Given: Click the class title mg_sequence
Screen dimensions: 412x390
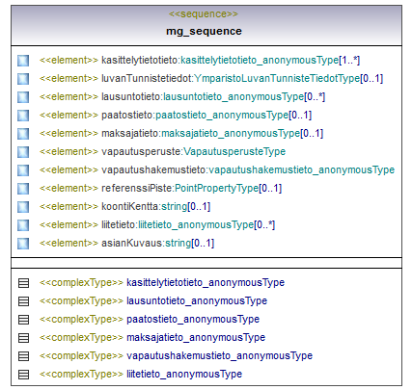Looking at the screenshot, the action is [x=204, y=31].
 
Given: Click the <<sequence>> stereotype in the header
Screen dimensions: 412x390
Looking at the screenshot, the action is [x=204, y=14].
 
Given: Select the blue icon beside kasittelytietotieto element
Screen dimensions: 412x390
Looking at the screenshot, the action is [x=23, y=61].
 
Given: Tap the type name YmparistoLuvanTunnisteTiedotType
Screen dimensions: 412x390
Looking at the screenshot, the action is [x=277, y=78].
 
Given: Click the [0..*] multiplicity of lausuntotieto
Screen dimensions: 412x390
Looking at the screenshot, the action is [x=315, y=96].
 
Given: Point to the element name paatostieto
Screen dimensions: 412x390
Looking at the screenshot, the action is [x=127, y=115].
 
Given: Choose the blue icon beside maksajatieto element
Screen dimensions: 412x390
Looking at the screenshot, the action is [x=23, y=134].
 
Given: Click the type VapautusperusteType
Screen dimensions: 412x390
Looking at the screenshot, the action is [x=234, y=151].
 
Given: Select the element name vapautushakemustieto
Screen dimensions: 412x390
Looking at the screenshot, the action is [x=153, y=169].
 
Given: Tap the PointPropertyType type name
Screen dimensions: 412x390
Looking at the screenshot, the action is [x=217, y=188].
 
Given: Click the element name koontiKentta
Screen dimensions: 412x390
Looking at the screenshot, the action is [x=130, y=206].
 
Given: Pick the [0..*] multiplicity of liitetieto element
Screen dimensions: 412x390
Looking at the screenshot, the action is [x=264, y=224].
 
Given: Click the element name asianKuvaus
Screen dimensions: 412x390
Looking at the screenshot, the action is [x=132, y=243].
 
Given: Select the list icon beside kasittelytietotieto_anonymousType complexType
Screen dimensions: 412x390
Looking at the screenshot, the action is [x=23, y=283].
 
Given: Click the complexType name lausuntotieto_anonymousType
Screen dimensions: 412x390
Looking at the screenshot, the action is [x=197, y=300].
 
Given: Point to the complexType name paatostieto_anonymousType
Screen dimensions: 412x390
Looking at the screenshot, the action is [x=193, y=319].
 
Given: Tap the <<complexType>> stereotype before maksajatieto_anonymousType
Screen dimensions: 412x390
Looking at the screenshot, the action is [x=81, y=337].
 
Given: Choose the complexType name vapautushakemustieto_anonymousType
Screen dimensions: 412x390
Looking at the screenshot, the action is [x=220, y=355].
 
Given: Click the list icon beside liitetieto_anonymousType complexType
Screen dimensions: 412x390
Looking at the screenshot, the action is [x=23, y=375].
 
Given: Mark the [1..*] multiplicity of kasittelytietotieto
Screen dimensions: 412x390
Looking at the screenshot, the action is [x=349, y=60].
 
